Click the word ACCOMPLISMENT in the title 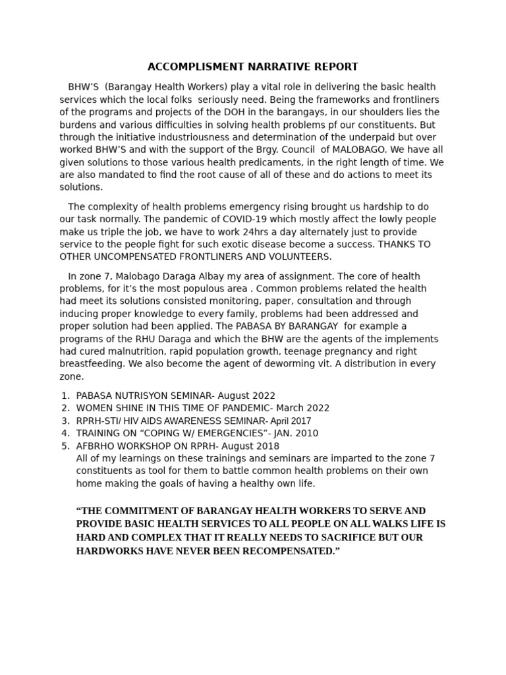point(187,67)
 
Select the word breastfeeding point(90,364)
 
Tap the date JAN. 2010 point(295,433)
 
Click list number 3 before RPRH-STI point(65,421)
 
